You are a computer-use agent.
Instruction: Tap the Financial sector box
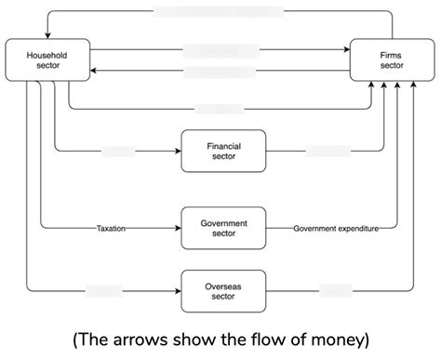pyautogui.click(x=222, y=150)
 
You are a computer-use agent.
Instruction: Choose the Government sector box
pyautogui.click(x=222, y=228)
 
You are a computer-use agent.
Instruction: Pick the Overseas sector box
pyautogui.click(x=222, y=289)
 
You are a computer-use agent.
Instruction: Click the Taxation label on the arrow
pyautogui.click(x=111, y=228)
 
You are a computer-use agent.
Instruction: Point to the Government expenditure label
pyautogui.click(x=323, y=228)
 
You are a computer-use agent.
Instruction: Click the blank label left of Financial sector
pyautogui.click(x=118, y=150)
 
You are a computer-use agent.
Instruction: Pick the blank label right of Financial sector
pyautogui.click(x=327, y=150)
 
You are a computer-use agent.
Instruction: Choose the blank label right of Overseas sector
pyautogui.click(x=337, y=289)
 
